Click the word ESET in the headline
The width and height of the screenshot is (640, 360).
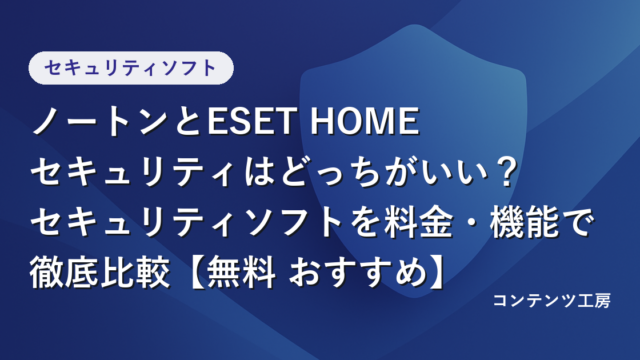pyautogui.click(x=250, y=121)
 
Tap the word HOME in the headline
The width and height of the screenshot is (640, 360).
pyautogui.click(x=364, y=121)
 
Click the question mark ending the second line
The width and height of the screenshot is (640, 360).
pyautogui.click(x=502, y=172)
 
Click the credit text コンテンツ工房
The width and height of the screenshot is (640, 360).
pyautogui.click(x=552, y=301)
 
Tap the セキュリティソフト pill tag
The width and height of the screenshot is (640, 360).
pyautogui.click(x=131, y=68)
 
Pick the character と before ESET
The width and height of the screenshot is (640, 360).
pyautogui.click(x=189, y=121)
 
